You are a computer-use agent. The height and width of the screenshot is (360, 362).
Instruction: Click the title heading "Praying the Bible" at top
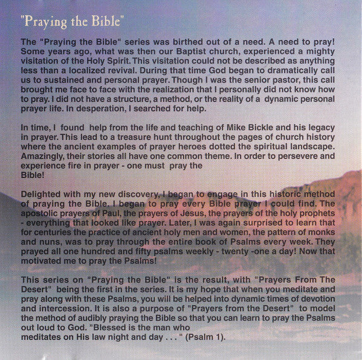[x=73, y=22]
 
